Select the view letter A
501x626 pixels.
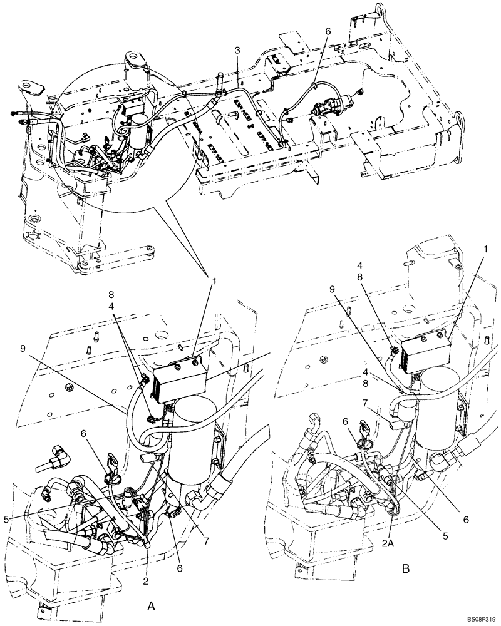click(x=150, y=605)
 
